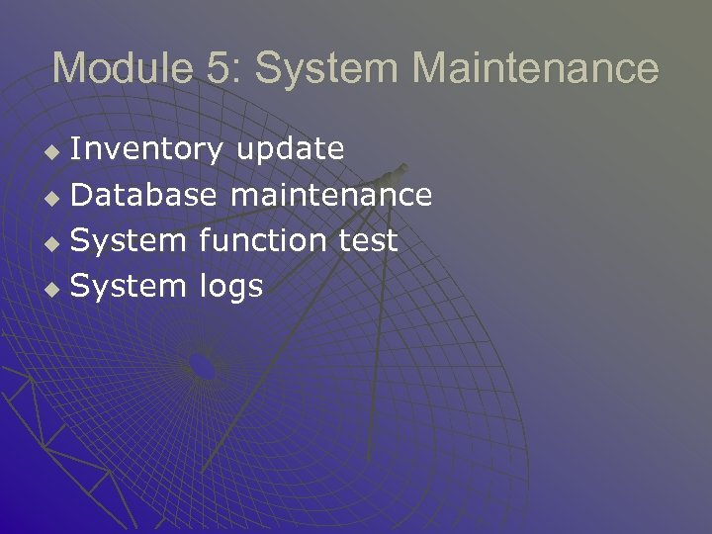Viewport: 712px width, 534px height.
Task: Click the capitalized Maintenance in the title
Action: pyautogui.click(x=535, y=68)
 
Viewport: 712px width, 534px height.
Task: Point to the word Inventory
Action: pyautogui.click(x=148, y=149)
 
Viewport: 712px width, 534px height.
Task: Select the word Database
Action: pyautogui.click(x=144, y=195)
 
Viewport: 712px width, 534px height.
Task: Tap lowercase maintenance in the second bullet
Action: pyautogui.click(x=330, y=195)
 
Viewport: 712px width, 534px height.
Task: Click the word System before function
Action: pyautogui.click(x=129, y=240)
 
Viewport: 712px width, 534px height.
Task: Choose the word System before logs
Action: pyautogui.click(x=129, y=286)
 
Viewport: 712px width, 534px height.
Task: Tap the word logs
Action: pyautogui.click(x=231, y=288)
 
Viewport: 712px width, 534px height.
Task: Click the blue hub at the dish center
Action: pyautogui.click(x=202, y=366)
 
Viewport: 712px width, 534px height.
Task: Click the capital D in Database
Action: pyautogui.click(x=83, y=195)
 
